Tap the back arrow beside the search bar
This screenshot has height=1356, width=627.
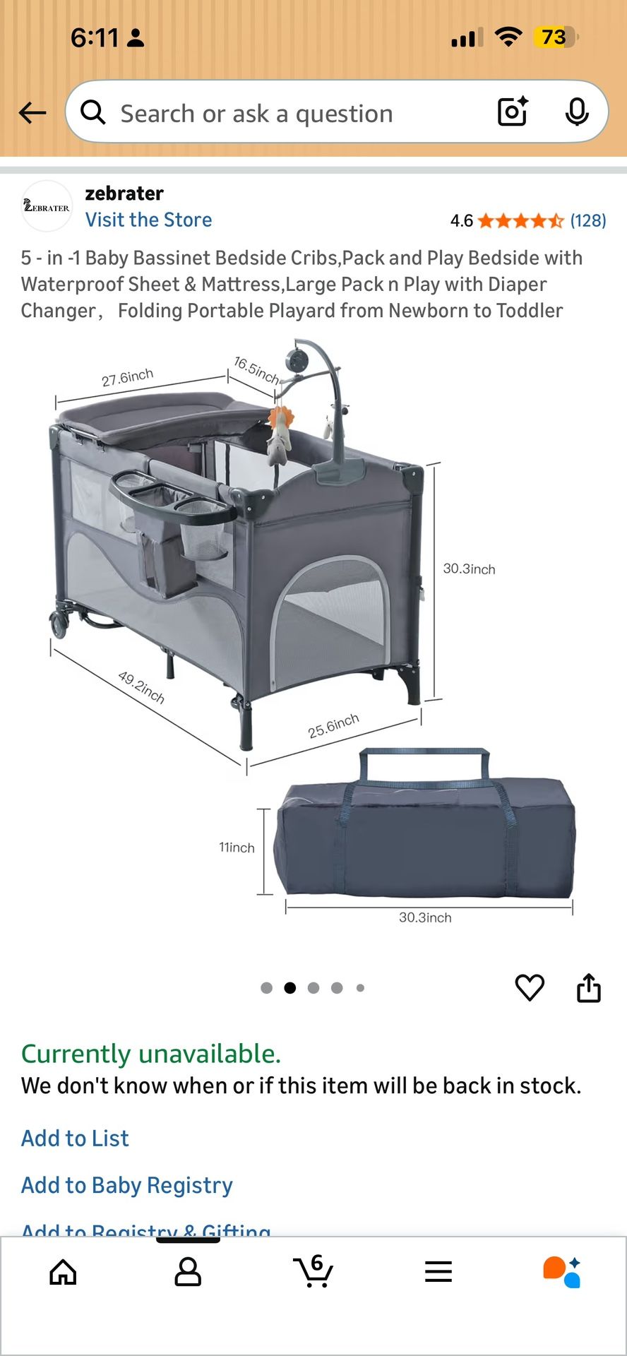click(32, 113)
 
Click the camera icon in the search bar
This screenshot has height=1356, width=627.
click(513, 112)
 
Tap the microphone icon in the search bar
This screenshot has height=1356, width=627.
click(577, 112)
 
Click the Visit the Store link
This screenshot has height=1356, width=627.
click(148, 220)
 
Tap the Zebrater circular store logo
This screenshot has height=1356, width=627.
click(47, 206)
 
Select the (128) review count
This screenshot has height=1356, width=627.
click(588, 221)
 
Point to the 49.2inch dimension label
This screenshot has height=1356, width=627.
click(141, 687)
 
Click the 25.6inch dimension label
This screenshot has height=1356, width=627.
click(333, 725)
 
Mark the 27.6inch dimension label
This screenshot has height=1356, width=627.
click(127, 377)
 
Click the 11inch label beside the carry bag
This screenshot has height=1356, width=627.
click(237, 847)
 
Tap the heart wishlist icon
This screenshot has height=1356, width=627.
click(530, 987)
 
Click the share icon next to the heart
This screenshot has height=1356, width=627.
click(589, 987)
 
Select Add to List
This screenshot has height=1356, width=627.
click(75, 1138)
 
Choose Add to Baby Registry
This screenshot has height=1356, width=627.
click(127, 1185)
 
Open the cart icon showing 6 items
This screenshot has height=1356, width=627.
click(313, 1272)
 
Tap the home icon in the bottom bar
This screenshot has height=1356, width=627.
click(63, 1272)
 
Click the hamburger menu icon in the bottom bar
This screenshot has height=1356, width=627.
click(438, 1272)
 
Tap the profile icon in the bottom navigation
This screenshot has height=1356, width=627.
click(188, 1272)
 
